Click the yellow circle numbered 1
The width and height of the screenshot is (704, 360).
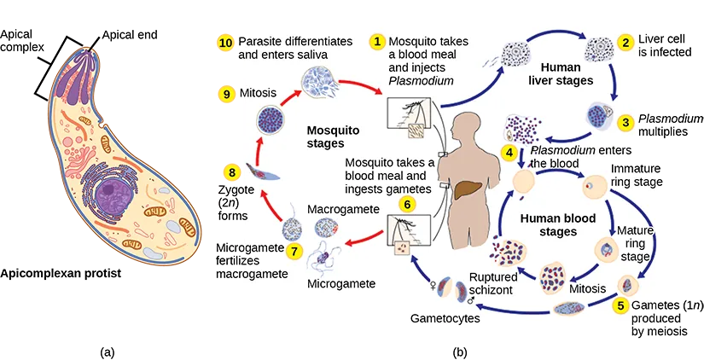(375, 42)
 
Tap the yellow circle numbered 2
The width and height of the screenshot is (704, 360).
(626, 42)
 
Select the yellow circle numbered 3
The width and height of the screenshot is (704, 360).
(626, 122)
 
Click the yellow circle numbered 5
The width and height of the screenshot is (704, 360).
(622, 305)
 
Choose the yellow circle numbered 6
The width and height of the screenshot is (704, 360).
(407, 205)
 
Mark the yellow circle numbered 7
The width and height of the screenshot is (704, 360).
(294, 251)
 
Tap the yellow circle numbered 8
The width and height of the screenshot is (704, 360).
(230, 172)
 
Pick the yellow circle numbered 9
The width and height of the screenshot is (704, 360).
(226, 94)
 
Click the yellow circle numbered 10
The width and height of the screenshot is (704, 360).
(225, 42)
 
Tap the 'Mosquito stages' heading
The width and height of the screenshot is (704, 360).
(333, 136)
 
